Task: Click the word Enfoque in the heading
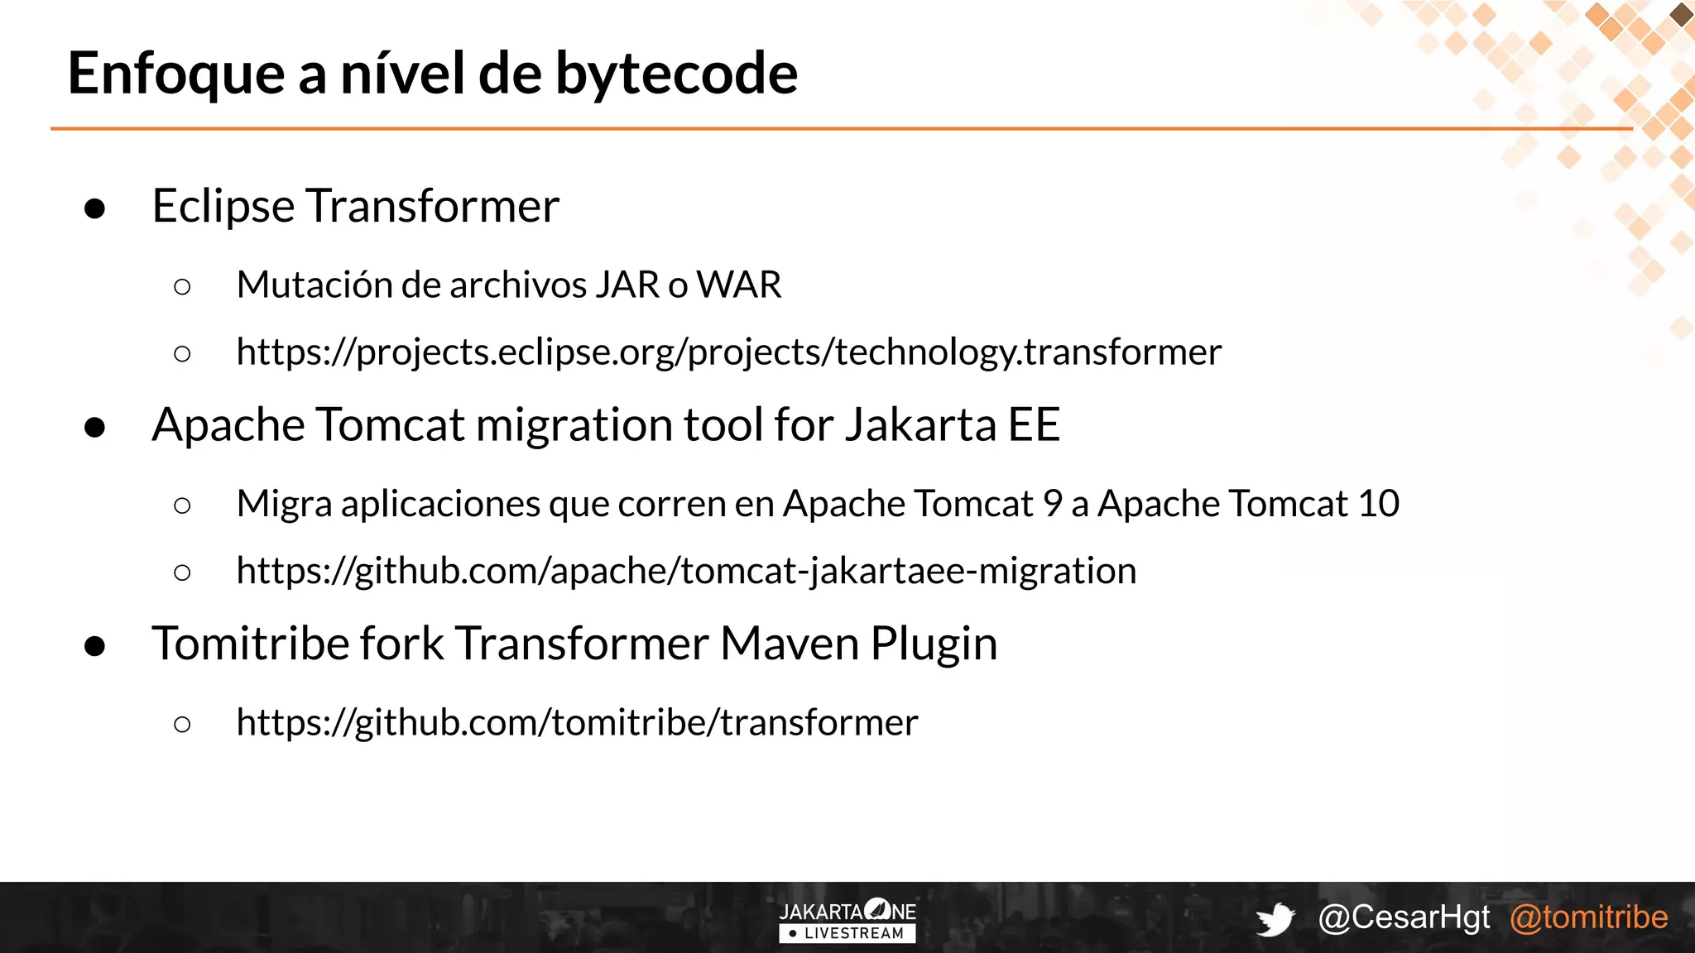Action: [x=176, y=74]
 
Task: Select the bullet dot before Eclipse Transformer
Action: [x=95, y=208]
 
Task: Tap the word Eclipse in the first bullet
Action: [x=223, y=206]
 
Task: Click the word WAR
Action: [x=738, y=285]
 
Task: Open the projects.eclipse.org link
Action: [x=728, y=352]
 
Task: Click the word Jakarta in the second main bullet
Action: [x=920, y=425]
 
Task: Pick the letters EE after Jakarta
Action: [x=1034, y=425]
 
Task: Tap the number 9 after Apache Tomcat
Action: [x=1052, y=504]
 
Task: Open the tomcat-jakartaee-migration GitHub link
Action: [x=686, y=571]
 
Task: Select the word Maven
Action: [x=790, y=644]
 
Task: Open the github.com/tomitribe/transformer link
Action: [x=577, y=723]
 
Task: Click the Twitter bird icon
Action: [x=1275, y=919]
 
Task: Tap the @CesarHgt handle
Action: [x=1404, y=917]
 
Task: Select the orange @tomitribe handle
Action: [x=1588, y=917]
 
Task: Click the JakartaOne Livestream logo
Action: [x=847, y=921]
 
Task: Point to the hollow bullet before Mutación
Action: [x=183, y=287]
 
